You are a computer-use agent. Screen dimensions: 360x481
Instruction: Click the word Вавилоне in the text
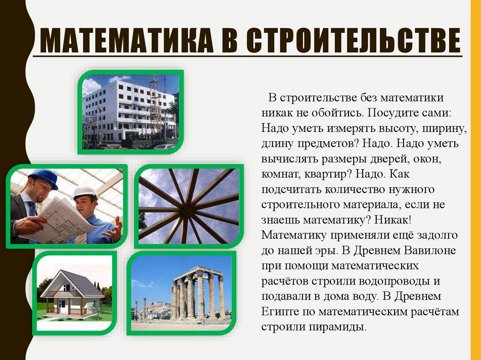point(432,250)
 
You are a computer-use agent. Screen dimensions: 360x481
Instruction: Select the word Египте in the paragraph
point(277,311)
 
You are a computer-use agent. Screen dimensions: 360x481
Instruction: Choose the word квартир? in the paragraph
point(331,174)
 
